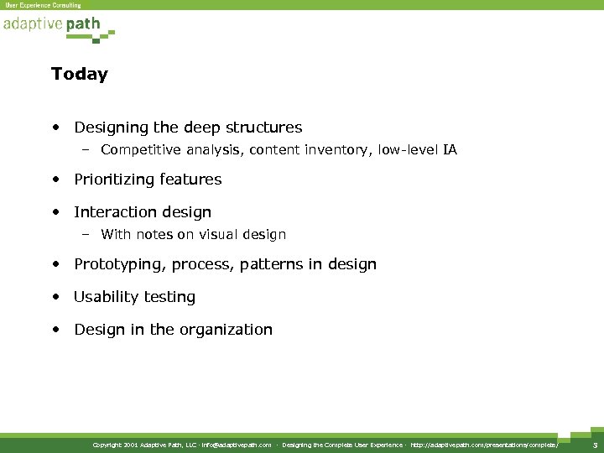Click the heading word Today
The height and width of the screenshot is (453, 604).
[x=79, y=75]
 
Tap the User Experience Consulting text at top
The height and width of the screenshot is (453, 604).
[x=43, y=5]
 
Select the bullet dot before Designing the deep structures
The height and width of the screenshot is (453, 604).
[x=55, y=128]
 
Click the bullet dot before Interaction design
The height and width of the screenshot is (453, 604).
[x=55, y=212]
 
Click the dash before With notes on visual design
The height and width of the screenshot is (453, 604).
[x=86, y=235]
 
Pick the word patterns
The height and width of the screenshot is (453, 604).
[x=267, y=264]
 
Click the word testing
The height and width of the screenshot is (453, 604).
[x=169, y=297]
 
